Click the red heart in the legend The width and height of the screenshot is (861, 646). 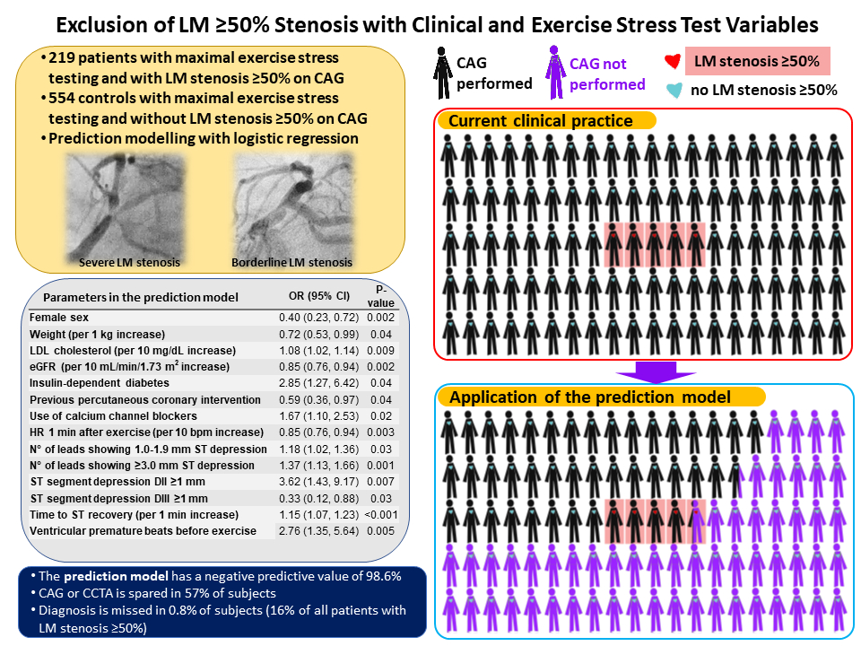(x=674, y=63)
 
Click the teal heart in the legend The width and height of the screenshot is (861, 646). (x=674, y=90)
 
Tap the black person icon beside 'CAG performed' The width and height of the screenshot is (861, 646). (x=441, y=73)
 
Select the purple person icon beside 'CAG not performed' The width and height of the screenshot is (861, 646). (x=554, y=73)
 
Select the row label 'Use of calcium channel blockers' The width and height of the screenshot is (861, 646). (x=112, y=416)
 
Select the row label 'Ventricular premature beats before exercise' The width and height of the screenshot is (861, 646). (x=143, y=531)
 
